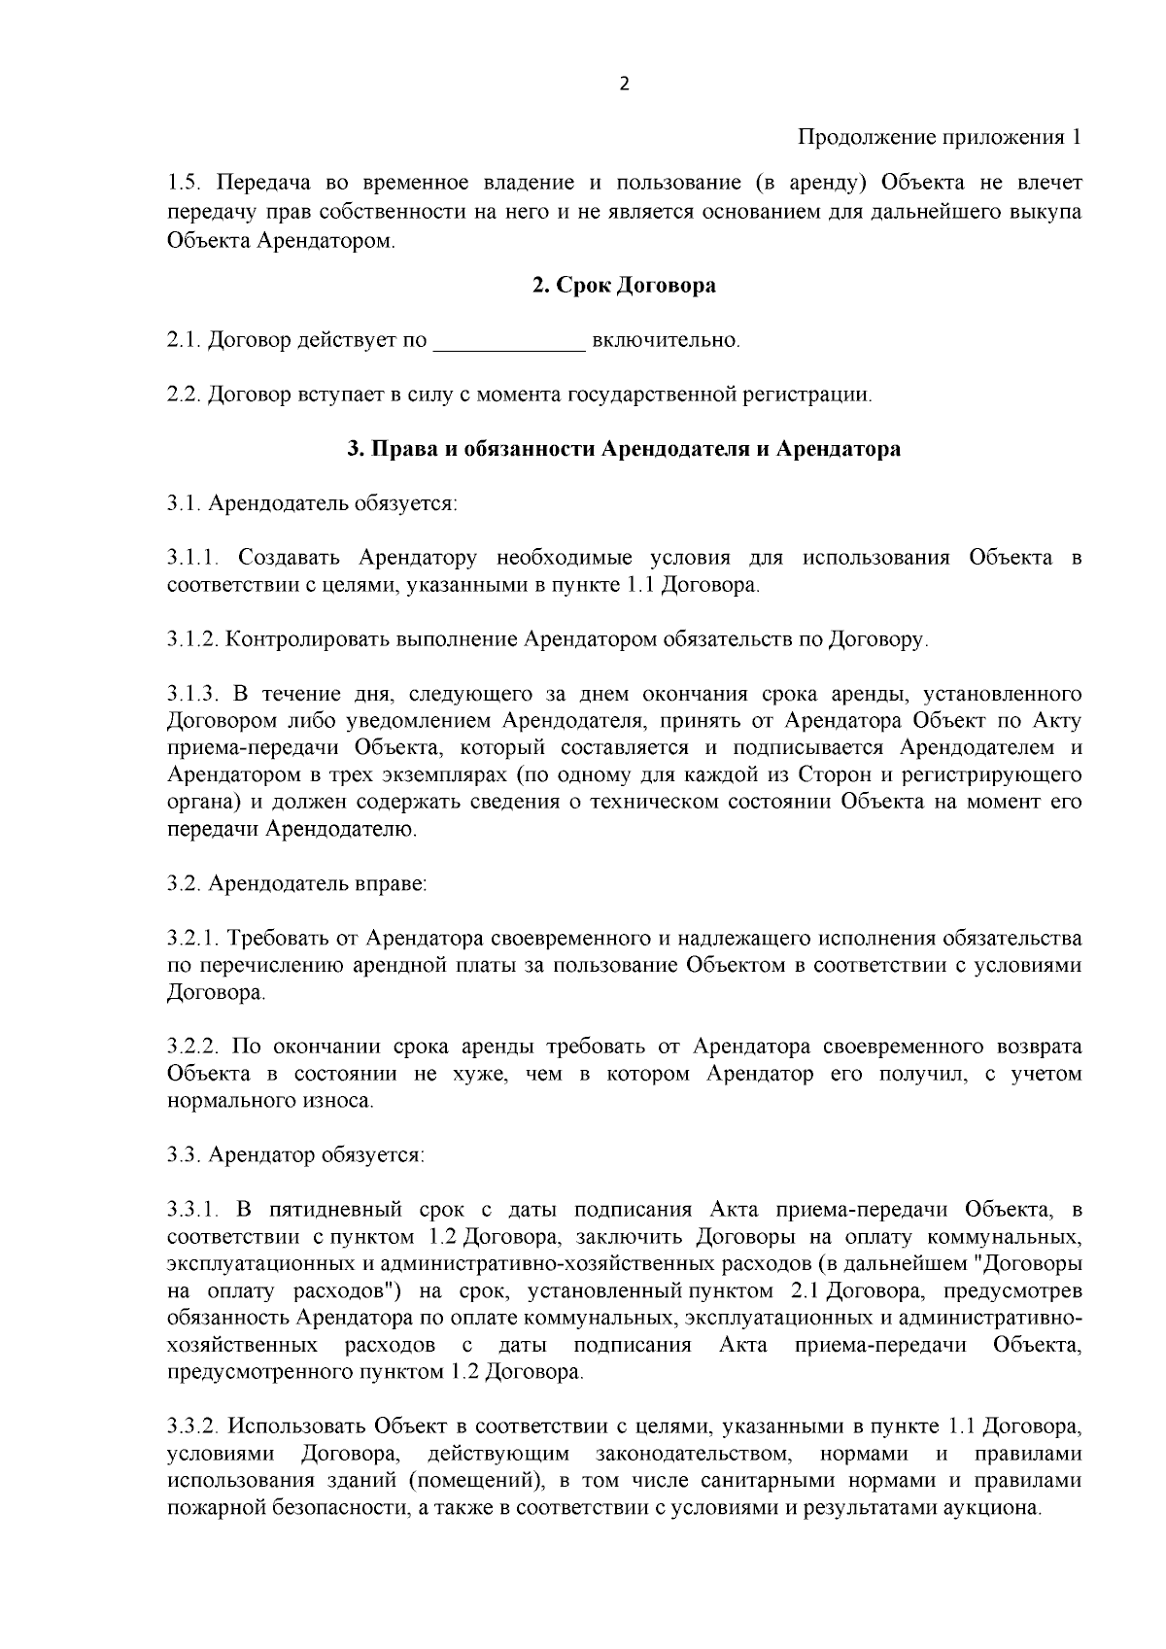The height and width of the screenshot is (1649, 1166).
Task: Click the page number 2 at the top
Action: [x=624, y=84]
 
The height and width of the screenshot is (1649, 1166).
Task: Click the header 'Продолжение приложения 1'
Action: [x=939, y=137]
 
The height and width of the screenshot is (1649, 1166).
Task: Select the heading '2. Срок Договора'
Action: [x=624, y=286]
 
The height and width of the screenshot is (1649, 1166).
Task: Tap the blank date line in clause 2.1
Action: [x=508, y=342]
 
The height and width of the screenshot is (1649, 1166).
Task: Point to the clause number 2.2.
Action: [x=183, y=395]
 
